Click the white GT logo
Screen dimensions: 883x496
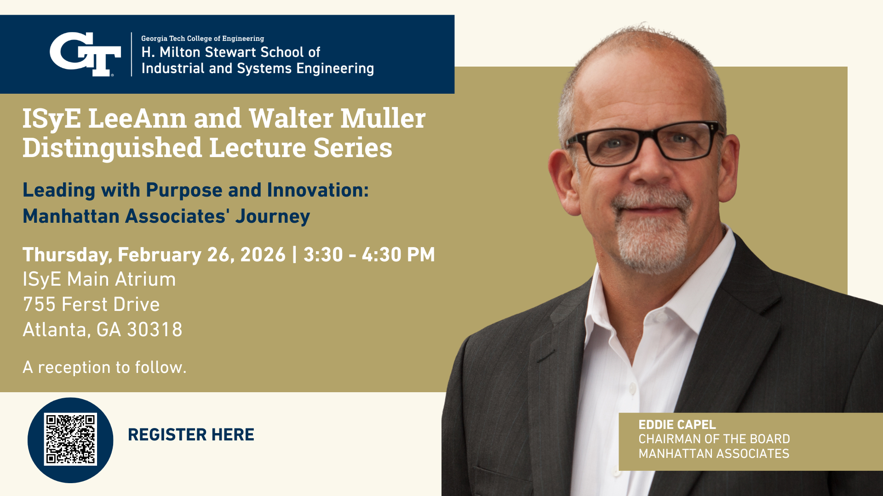coord(85,54)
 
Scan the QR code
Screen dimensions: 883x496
coord(70,440)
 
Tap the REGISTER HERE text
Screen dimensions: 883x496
coord(191,434)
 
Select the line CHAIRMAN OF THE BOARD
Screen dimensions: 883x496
coord(714,439)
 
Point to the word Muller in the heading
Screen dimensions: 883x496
coord(383,118)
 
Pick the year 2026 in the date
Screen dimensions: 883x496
coord(263,255)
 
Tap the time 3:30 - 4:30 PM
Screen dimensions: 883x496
coord(369,255)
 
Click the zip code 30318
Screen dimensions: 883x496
coord(155,330)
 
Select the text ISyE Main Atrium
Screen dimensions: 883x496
coord(99,279)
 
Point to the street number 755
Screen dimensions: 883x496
coord(39,304)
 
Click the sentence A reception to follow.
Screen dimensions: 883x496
coord(104,367)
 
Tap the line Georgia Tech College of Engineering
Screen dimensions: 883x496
coord(202,39)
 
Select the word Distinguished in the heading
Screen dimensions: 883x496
coord(112,148)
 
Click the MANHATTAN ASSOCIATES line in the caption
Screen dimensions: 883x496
coord(714,454)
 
